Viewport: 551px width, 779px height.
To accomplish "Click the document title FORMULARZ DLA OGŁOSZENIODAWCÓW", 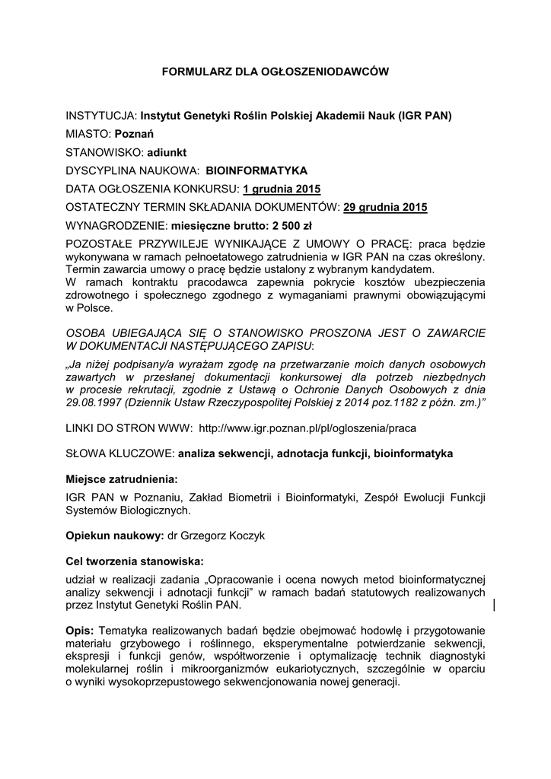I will (275, 72).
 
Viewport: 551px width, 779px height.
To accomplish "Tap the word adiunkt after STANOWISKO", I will (167, 152).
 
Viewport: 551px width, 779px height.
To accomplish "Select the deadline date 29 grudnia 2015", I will (386, 207).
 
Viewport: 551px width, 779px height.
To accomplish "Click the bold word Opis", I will (79, 632).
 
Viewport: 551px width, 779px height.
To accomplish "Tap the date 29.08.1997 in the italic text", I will (93, 402).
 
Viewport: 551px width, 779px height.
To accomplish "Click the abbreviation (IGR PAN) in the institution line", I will (422, 116).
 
